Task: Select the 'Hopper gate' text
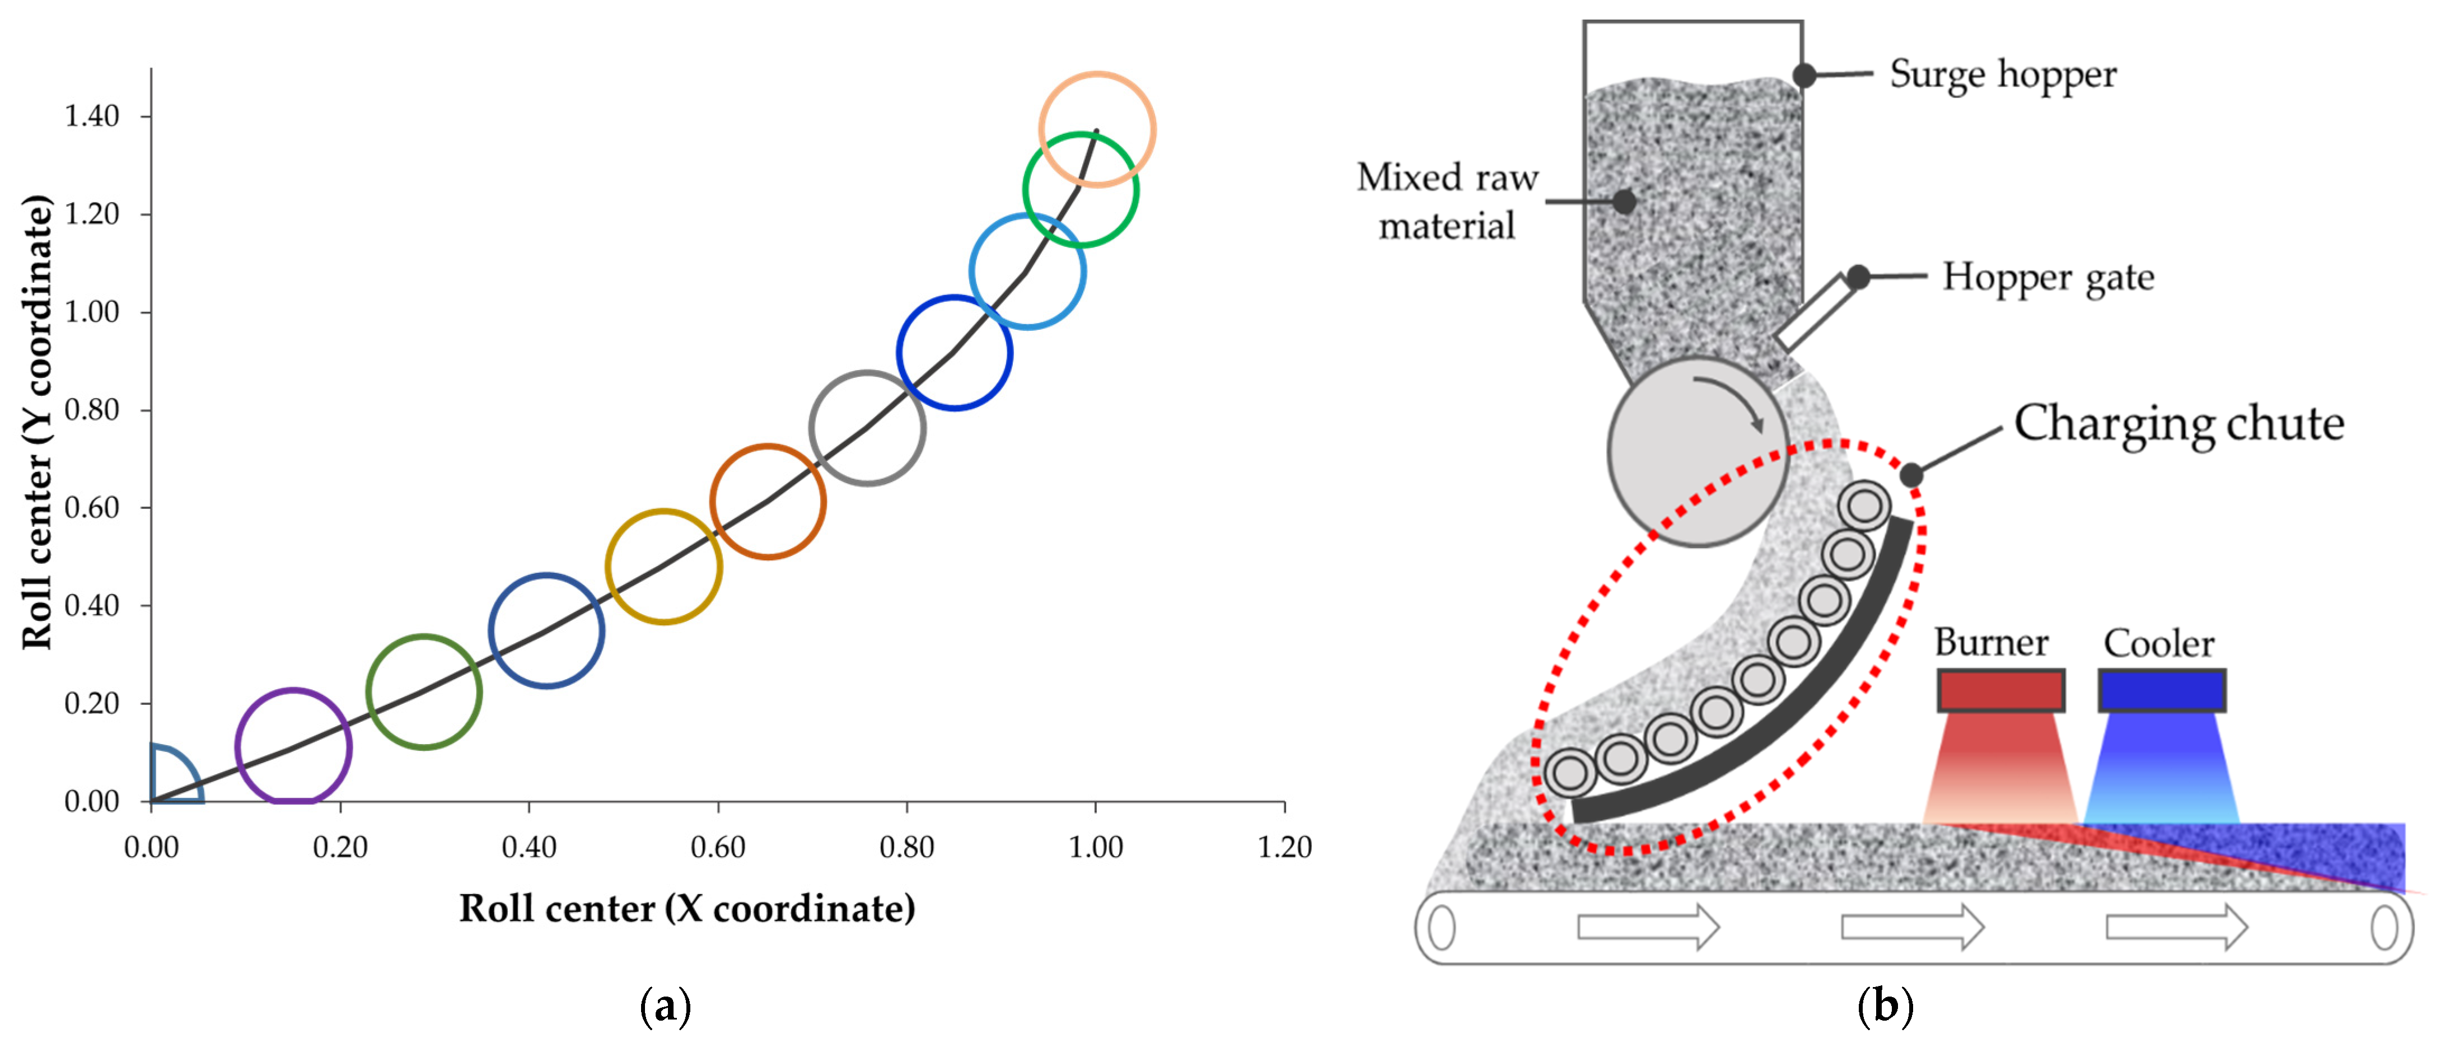tap(2048, 277)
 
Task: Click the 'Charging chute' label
tap(2178, 423)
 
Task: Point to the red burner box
tap(2000, 690)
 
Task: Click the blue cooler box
tap(2161, 690)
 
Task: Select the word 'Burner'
tap(1990, 643)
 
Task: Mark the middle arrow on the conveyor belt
tap(1911, 925)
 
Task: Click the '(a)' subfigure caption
tap(665, 1006)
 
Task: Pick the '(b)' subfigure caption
tap(1884, 1006)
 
